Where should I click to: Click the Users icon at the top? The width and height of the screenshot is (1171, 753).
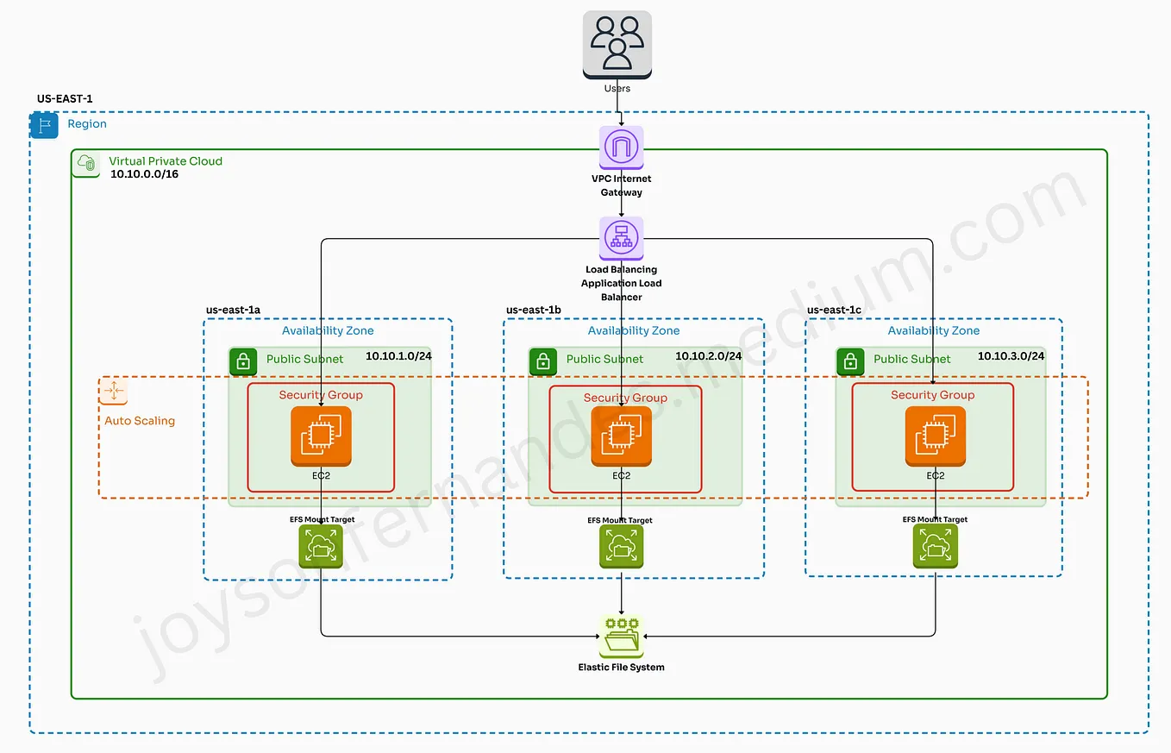pyautogui.click(x=617, y=45)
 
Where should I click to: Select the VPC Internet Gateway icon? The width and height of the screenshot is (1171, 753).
pyautogui.click(x=621, y=147)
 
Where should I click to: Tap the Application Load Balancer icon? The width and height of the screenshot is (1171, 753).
pyautogui.click(x=621, y=238)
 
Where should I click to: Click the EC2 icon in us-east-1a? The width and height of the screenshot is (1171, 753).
pyautogui.click(x=321, y=436)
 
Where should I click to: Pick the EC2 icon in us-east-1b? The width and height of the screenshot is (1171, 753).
pyautogui.click(x=622, y=436)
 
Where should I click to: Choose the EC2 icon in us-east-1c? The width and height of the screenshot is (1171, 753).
pyautogui.click(x=936, y=436)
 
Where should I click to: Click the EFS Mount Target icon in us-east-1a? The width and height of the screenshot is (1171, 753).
pyautogui.click(x=321, y=547)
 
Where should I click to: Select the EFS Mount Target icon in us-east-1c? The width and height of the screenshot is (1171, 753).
pyautogui.click(x=936, y=547)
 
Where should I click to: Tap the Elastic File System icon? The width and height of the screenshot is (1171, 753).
pyautogui.click(x=621, y=637)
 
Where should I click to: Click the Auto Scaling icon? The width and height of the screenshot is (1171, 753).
pyautogui.click(x=113, y=392)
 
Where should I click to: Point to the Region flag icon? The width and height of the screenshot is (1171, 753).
pyautogui.click(x=44, y=125)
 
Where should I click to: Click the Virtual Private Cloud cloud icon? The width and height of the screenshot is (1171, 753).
pyautogui.click(x=86, y=163)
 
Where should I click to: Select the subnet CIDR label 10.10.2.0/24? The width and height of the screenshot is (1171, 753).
pyautogui.click(x=707, y=356)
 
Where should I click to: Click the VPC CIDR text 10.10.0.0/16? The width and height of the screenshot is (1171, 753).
pyautogui.click(x=144, y=174)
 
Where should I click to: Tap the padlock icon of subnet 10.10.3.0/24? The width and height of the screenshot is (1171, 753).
pyautogui.click(x=850, y=361)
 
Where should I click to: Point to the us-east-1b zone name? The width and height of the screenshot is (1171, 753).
pyautogui.click(x=533, y=310)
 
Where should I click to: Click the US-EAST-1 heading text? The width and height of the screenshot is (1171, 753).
pyautogui.click(x=65, y=99)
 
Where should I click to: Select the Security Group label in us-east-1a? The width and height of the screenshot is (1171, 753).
pyautogui.click(x=321, y=395)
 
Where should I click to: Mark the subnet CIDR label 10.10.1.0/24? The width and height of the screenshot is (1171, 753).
pyautogui.click(x=398, y=356)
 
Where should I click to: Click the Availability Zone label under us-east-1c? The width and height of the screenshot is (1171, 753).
pyautogui.click(x=933, y=330)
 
